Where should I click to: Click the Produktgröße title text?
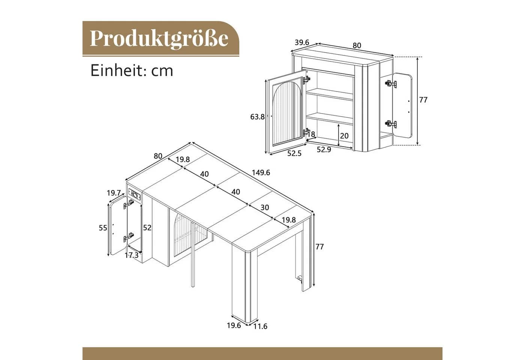pos(159,38)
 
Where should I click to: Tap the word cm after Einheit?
pos(162,70)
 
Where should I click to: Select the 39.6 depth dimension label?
pos(302,43)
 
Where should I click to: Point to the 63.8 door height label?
pos(257,117)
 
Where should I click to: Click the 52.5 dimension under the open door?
pos(294,153)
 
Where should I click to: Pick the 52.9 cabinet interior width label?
pos(324,149)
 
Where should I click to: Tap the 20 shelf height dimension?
pos(344,136)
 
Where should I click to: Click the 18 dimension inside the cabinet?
pos(311,134)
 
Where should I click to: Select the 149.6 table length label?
pos(261,173)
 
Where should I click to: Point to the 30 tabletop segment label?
pos(265,207)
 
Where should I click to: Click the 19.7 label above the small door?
pos(114,193)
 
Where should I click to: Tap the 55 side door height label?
pos(103,228)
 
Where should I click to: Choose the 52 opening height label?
pos(147,228)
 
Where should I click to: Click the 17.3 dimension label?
pos(132,255)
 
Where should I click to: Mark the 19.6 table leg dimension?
pos(234,325)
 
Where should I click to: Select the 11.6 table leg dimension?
pos(260,326)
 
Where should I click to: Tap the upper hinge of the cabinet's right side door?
pos(390,84)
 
